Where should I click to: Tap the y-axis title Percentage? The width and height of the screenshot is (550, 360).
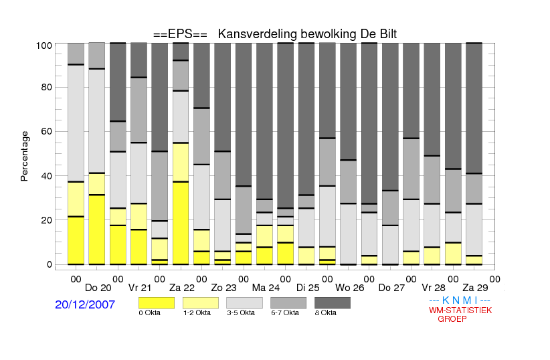[25, 156]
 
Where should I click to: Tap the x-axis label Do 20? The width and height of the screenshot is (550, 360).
[98, 288]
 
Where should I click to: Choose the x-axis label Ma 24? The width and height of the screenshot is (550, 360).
[265, 288]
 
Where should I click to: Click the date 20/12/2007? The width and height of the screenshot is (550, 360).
[85, 305]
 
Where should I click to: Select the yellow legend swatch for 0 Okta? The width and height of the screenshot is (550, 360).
[155, 303]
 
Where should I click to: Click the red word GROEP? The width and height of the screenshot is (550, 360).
[452, 319]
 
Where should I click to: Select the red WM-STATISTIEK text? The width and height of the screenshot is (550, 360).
[460, 310]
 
